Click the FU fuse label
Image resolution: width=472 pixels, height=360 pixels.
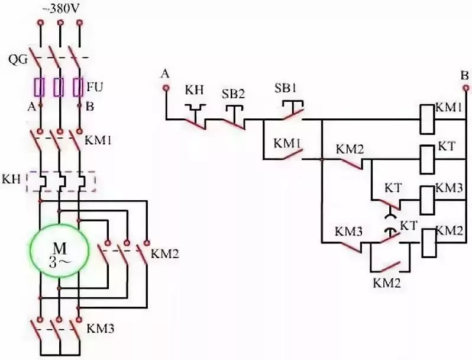point(94,87)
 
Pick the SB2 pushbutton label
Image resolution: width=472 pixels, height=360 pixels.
point(232,94)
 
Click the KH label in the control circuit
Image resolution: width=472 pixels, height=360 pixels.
point(194,89)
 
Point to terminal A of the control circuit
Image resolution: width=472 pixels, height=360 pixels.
point(166,88)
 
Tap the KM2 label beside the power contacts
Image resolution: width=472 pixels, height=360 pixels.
point(163,254)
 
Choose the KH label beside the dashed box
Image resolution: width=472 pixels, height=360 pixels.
point(12,178)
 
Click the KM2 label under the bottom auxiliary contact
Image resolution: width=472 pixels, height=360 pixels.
point(387,283)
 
